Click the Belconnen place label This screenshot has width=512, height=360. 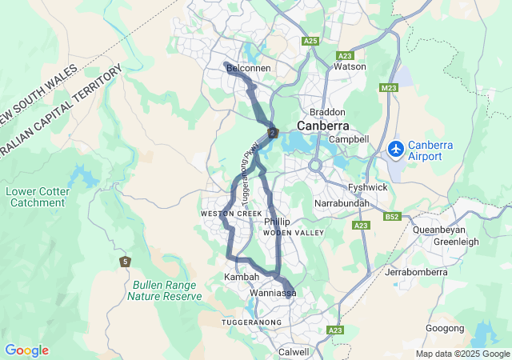(250, 70)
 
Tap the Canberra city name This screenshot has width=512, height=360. (322, 126)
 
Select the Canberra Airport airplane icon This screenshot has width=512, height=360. (395, 149)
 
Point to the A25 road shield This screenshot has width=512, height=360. (311, 40)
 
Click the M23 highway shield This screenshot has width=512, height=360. (390, 87)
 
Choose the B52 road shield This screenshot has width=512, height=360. (392, 216)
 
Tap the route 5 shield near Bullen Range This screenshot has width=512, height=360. (125, 262)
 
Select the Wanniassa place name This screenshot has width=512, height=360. (273, 294)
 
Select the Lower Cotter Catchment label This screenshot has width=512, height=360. (38, 197)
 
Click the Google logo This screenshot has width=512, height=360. (26, 350)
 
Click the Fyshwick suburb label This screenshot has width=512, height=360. (368, 187)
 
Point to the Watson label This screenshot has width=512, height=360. (350, 66)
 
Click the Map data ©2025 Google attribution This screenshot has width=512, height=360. (462, 354)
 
